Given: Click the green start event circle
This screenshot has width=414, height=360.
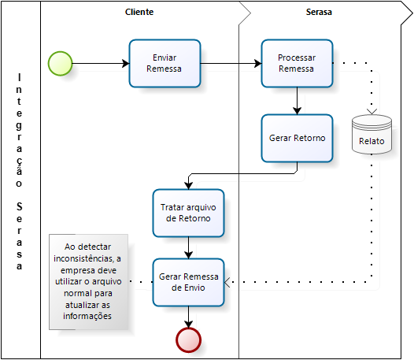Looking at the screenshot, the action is [x=60, y=64].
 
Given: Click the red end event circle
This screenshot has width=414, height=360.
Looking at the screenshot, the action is [x=189, y=340].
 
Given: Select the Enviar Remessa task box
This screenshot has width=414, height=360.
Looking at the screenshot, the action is [x=164, y=64].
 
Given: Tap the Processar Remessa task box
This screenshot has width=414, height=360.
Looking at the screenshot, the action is [x=297, y=64].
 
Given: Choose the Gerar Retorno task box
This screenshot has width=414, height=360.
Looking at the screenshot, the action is [x=297, y=138].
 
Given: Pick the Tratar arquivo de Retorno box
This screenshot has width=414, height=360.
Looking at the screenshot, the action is [x=189, y=213].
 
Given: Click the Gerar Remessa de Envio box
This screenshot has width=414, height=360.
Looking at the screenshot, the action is [x=189, y=282].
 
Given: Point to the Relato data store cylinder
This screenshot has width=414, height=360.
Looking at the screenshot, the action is [x=371, y=134].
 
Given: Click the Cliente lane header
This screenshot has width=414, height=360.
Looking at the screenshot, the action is [x=139, y=12].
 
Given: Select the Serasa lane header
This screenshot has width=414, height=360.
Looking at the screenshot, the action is [x=319, y=12].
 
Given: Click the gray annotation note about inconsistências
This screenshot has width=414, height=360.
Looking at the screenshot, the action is [x=88, y=282].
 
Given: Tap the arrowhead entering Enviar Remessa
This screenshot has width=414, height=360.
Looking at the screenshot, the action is [x=126, y=64].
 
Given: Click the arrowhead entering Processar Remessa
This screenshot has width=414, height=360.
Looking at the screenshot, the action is [x=258, y=64].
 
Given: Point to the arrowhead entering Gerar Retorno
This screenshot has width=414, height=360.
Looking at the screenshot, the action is [x=297, y=111].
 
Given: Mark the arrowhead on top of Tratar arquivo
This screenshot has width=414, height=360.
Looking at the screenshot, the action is [x=189, y=186].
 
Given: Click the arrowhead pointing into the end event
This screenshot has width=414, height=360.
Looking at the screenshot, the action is [x=189, y=325].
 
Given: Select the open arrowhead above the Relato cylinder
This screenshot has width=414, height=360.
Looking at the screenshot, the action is [x=371, y=112].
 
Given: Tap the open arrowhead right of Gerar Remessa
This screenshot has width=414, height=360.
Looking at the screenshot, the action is [x=227, y=282].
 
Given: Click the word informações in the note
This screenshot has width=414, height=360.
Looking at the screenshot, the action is [x=87, y=316].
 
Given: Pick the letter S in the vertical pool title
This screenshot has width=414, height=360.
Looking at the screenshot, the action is [x=19, y=206].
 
